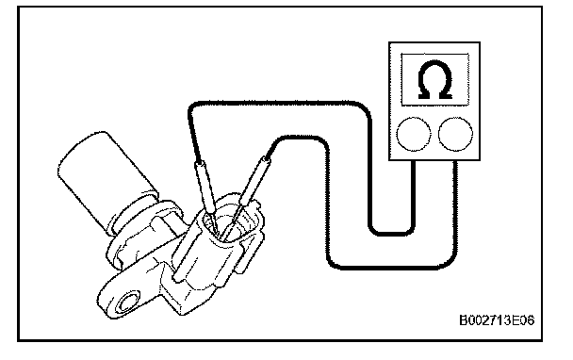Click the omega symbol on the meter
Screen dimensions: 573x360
pos(434,80)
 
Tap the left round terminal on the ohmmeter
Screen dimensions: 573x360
pos(414,134)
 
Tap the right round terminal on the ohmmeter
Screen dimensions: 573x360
pos(455,134)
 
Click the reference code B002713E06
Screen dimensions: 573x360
pos(497,320)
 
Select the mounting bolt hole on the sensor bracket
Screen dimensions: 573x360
pos(128,303)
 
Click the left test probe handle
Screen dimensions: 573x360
pos(205,188)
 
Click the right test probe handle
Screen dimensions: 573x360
pos(254,180)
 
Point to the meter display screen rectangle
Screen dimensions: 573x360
pos(434,80)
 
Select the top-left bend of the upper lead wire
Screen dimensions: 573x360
pos(192,107)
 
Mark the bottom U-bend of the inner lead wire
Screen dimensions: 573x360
pos(391,233)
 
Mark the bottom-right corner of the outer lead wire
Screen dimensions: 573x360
pos(450,262)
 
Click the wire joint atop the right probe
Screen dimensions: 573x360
pos(266,159)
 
